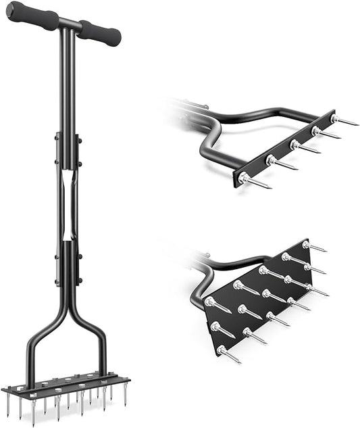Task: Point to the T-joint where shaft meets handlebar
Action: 66,26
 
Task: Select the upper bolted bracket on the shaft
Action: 67,150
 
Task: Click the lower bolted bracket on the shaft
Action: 68,264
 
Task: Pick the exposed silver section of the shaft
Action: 68,206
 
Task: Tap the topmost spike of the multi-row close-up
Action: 315,247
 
